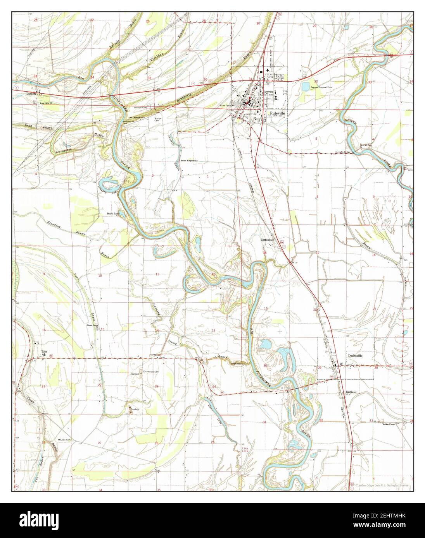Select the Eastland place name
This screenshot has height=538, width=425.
point(351,392)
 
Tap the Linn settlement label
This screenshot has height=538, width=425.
point(44,352)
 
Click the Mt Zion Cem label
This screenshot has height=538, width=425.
point(64,440)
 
